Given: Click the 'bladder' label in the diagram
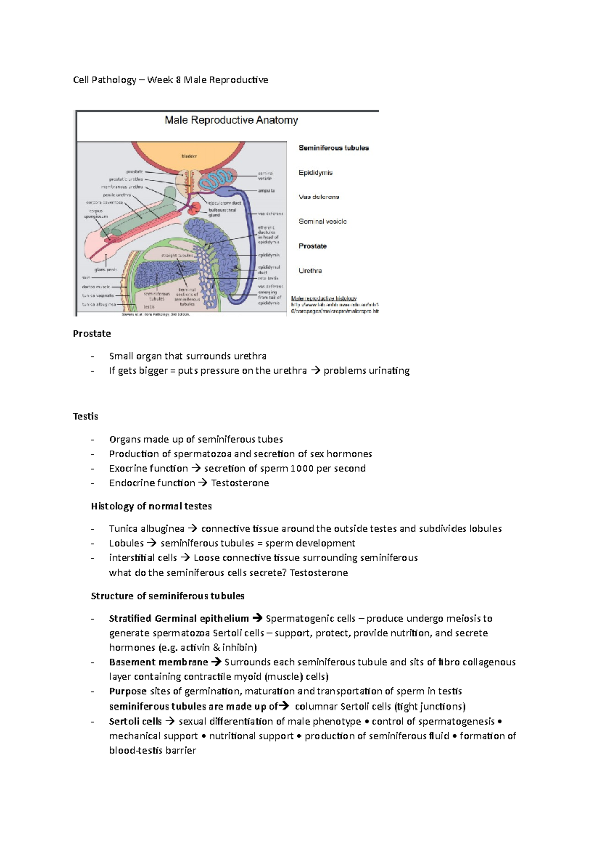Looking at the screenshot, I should coord(189,156).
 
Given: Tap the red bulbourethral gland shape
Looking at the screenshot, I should coord(194,210).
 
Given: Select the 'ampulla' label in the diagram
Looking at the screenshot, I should coord(266,191).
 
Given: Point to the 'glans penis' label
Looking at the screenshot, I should coord(105,269).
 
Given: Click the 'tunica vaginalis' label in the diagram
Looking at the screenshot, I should coord(98,296).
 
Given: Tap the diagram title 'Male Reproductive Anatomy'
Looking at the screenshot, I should coord(231,120).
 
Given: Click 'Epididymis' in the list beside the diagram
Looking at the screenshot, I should coord(316,173).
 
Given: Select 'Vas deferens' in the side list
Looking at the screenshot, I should coord(319,197).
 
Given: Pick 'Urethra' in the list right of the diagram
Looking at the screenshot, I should coord(310,271).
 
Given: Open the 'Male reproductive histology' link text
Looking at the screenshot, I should coord(324,298).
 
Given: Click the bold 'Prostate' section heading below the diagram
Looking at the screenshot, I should coord(92,334).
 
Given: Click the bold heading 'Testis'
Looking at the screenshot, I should coord(85,416).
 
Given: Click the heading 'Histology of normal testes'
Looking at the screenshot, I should coord(151,506).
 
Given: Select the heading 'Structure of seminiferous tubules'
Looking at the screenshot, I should coord(168,596).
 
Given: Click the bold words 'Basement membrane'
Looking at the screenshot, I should coord(159,662).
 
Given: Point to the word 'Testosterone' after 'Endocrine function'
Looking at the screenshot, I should coord(240,483).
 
